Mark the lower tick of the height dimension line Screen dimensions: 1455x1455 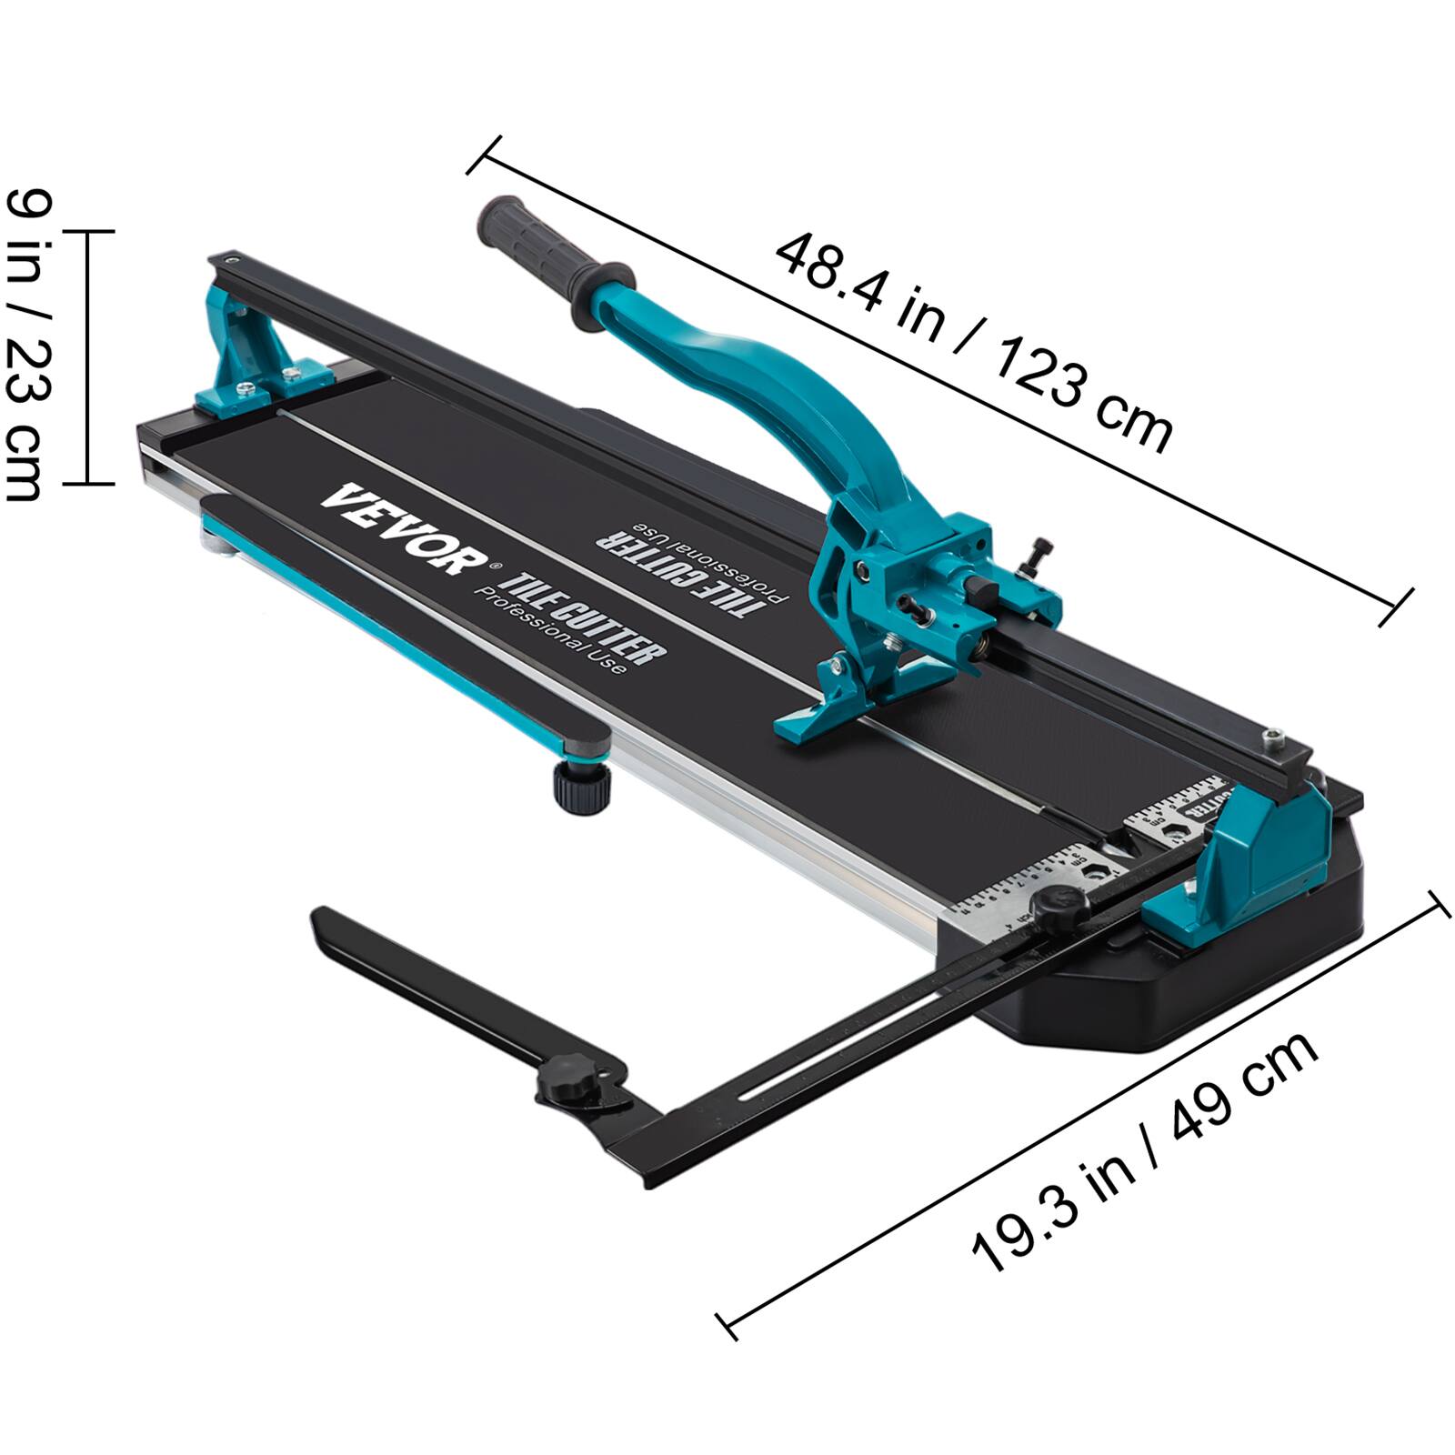point(87,484)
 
